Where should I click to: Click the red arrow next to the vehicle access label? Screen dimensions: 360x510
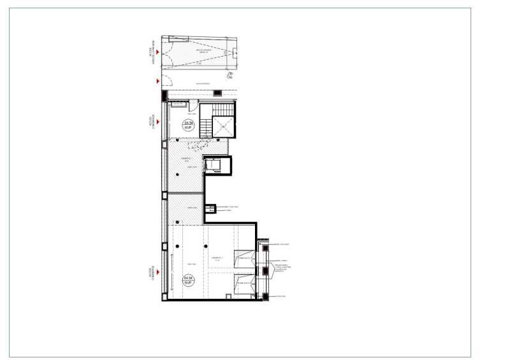[157, 51]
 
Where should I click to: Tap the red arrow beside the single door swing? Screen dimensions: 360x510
[157, 81]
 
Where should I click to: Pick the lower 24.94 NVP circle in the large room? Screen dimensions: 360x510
[188, 281]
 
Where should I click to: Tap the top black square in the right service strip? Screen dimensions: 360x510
[262, 244]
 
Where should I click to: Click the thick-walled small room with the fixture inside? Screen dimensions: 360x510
[215, 166]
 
